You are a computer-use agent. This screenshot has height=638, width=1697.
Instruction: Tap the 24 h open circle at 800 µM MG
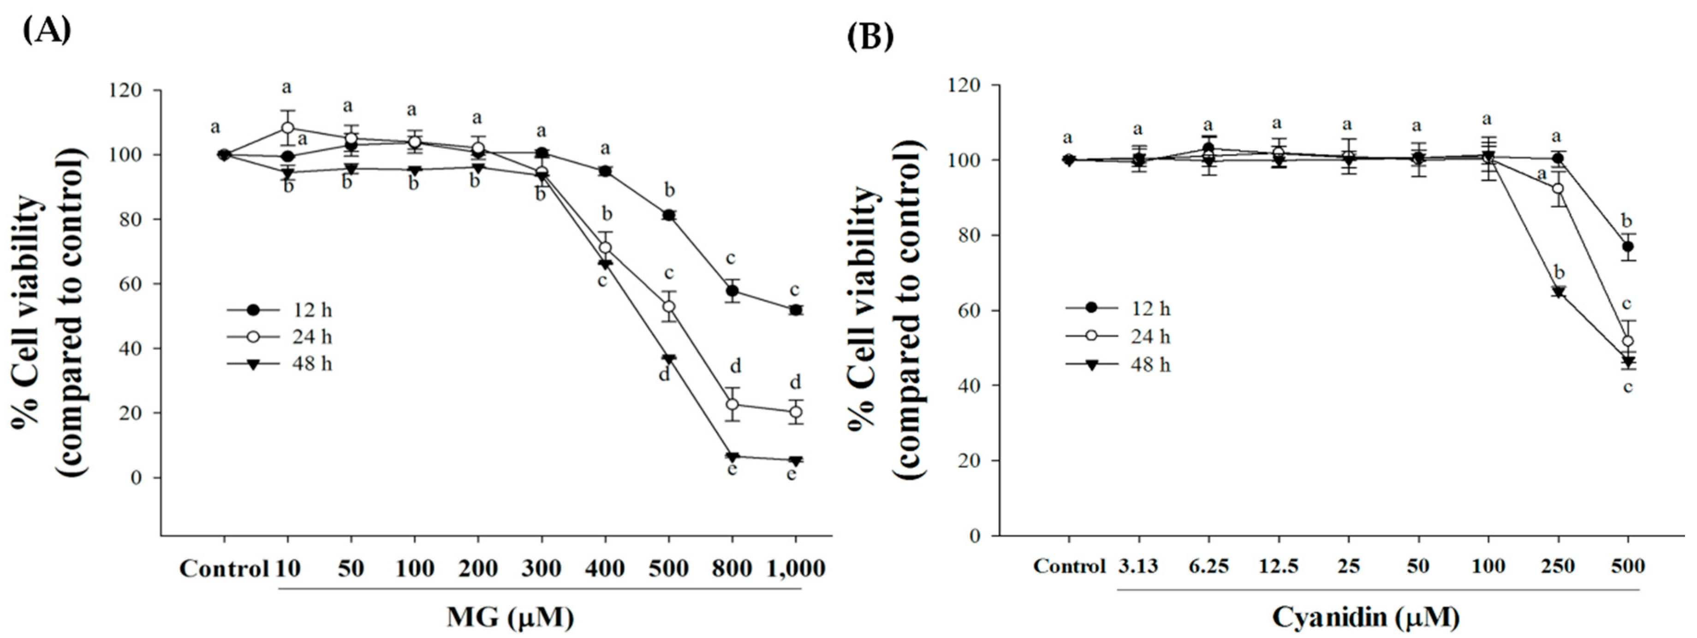tap(732, 404)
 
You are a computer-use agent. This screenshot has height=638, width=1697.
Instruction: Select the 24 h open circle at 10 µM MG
tap(288, 128)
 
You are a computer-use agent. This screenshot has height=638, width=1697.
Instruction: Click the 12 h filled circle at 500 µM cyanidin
tap(1628, 247)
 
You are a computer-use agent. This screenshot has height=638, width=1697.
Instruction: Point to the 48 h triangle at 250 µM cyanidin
tap(1558, 292)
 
